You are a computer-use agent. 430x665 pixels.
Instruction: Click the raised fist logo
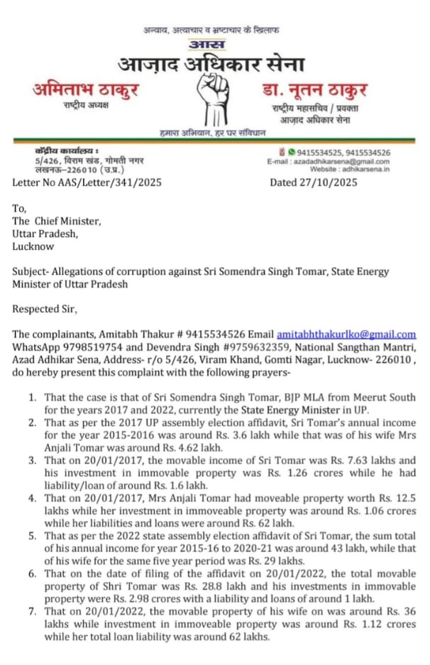coord(214,99)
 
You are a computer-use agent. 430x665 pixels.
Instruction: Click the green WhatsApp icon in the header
coord(291,152)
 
